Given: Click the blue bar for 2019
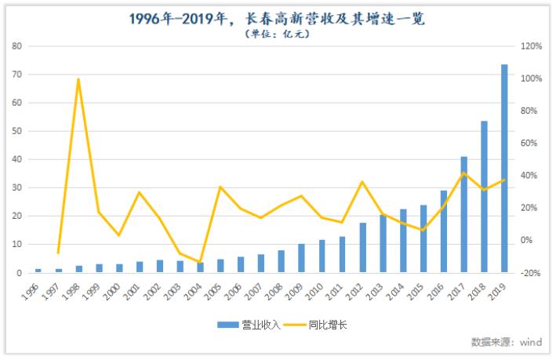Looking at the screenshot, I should tap(504, 169).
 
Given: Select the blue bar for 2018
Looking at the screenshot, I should tap(484, 197).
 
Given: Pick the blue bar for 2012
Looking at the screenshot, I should tap(362, 248).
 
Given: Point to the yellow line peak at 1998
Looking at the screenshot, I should tap(78, 78).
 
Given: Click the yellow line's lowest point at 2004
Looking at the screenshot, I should tap(200, 262).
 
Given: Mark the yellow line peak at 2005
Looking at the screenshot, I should tap(220, 187).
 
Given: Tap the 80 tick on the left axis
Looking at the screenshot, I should tap(16, 46).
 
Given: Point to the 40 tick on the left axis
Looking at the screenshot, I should tap(16, 159).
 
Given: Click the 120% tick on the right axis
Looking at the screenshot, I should tap(531, 46).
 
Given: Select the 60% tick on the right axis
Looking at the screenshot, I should tap(531, 144).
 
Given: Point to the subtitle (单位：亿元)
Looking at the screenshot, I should tap(277, 34).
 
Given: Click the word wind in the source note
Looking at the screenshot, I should tap(531, 342).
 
